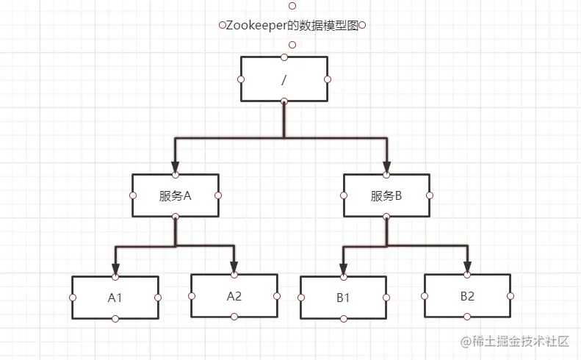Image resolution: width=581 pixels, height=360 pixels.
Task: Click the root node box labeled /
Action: [284, 79]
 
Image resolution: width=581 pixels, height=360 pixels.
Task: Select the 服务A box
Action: [175, 195]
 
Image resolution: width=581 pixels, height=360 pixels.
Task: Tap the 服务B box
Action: [386, 195]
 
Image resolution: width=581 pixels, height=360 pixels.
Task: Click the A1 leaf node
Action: [115, 298]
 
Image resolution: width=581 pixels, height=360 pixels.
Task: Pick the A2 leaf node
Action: [234, 295]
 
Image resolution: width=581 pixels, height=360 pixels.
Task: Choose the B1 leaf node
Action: [343, 298]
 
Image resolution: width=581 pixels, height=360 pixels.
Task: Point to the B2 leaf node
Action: [467, 295]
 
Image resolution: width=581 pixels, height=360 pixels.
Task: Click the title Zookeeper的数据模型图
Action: [292, 25]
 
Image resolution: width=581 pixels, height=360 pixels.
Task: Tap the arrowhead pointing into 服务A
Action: [175, 168]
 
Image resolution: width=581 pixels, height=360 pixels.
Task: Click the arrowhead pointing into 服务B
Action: [386, 168]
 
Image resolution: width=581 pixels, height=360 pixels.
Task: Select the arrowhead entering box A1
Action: [115, 270]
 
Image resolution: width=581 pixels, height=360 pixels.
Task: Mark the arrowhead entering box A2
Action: [234, 267]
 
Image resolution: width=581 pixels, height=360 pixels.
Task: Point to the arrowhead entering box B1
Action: [343, 270]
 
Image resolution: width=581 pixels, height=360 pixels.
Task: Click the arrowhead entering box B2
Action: [467, 267]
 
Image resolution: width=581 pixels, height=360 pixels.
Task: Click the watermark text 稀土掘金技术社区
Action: [521, 341]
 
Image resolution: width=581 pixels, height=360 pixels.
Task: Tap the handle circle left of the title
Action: [222, 25]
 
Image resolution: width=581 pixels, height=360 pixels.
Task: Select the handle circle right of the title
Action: [362, 25]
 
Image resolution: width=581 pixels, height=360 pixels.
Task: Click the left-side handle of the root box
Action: [240, 79]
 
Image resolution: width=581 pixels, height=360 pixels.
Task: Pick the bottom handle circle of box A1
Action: [115, 319]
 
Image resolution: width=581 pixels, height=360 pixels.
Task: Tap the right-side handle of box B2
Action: [510, 295]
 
